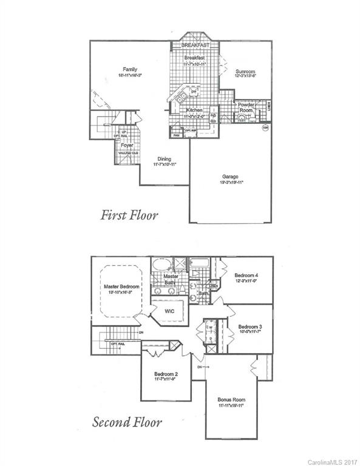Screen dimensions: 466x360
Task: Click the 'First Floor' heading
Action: (x=130, y=214)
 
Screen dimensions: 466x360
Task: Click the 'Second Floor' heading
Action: (x=127, y=422)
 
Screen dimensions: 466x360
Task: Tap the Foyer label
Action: (x=126, y=146)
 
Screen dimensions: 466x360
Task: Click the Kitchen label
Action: (x=194, y=110)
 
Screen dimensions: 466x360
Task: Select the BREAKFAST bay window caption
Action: (x=195, y=45)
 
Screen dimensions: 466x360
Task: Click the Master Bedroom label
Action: (x=121, y=286)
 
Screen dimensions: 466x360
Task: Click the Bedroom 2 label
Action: (x=166, y=374)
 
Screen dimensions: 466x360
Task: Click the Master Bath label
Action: (x=172, y=279)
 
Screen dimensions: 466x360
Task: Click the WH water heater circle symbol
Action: (x=265, y=128)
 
